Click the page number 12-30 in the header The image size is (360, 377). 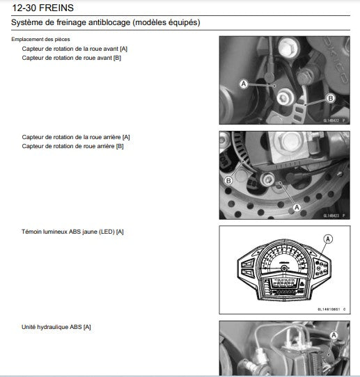(27, 8)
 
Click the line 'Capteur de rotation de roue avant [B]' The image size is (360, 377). (72, 57)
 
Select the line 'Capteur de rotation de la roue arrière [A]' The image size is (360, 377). (76, 138)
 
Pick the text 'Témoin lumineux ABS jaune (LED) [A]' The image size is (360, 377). (72, 230)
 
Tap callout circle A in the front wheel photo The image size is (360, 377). (244, 83)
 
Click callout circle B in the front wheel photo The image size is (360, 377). (330, 99)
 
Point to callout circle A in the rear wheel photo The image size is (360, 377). (297, 207)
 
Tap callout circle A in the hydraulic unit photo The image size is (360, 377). (334, 335)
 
